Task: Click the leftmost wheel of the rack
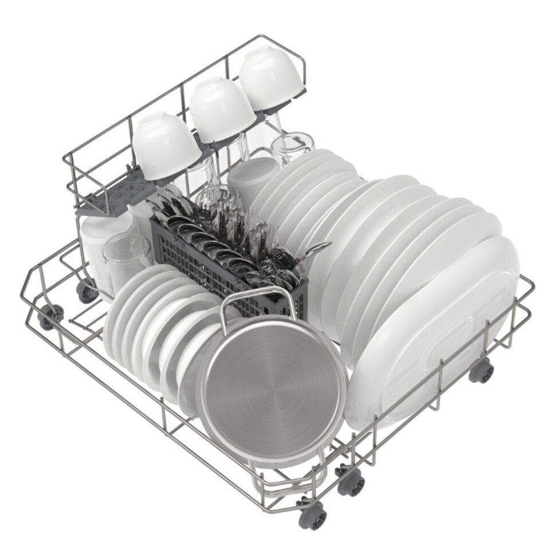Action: click(x=50, y=316)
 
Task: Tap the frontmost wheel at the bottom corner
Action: click(x=312, y=516)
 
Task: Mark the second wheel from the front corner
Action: click(x=350, y=482)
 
